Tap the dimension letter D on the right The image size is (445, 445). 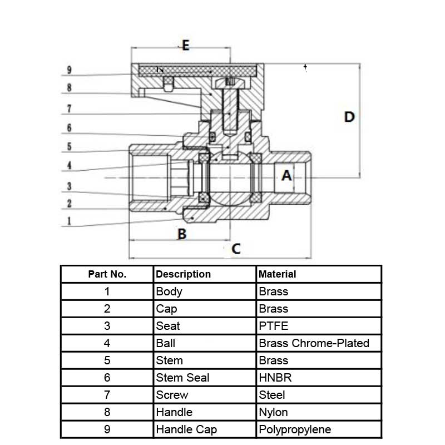pos(349,117)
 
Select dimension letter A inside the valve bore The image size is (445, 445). pos(286,176)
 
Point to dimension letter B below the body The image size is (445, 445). pos(181,234)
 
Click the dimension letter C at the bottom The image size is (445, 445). pos(236,249)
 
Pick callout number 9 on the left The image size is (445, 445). pos(69,71)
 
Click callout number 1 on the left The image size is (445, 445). pos(69,221)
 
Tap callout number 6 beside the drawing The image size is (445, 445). pos(69,128)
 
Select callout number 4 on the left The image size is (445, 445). pos(69,165)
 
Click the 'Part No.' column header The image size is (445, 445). pos(107,274)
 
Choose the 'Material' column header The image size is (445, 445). pos(278,274)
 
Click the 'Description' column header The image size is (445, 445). pos(184,274)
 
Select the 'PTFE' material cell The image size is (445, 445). pos(274,326)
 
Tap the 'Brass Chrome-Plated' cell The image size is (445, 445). pos(314,343)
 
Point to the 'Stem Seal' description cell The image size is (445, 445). pos(182,378)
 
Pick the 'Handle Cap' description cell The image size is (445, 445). pos(186,429)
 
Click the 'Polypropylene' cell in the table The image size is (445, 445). pos(295,429)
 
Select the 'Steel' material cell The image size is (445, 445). pos(272,395)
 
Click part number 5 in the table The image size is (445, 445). pos(107,360)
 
